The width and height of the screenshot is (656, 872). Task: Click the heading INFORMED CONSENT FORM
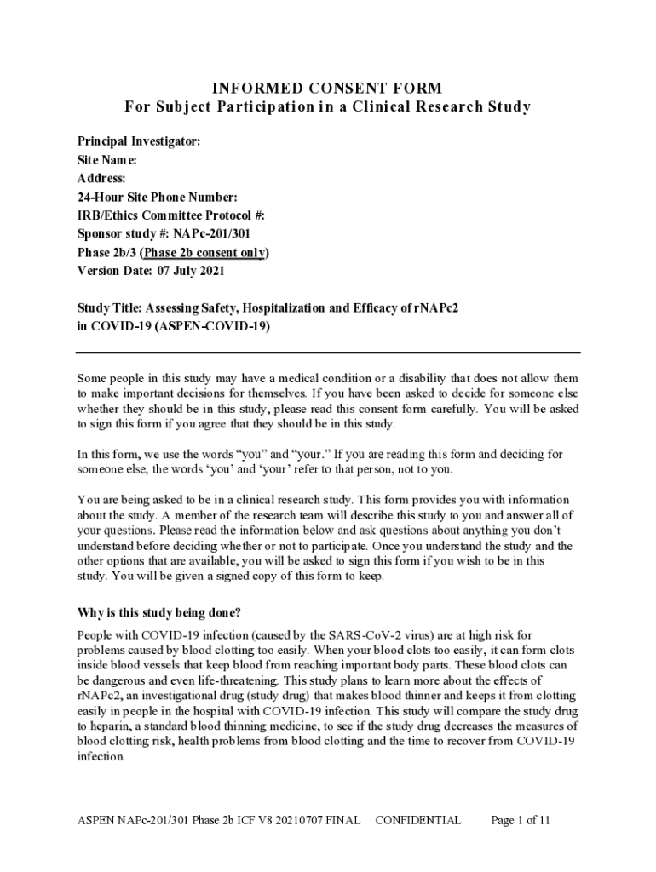tap(328, 89)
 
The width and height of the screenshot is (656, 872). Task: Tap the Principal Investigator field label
tap(139, 141)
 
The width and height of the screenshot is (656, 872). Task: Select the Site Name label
tap(106, 160)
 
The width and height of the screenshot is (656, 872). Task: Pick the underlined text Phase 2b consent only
tap(204, 253)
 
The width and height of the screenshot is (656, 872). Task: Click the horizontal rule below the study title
tap(328, 352)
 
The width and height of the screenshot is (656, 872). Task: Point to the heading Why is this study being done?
tap(159, 612)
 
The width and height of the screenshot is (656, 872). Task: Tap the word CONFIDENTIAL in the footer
tap(417, 821)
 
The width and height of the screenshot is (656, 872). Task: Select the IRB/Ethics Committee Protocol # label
tap(164, 215)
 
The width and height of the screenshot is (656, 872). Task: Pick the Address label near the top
tap(101, 179)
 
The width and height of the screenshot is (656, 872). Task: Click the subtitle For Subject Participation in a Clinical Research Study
tap(328, 107)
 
